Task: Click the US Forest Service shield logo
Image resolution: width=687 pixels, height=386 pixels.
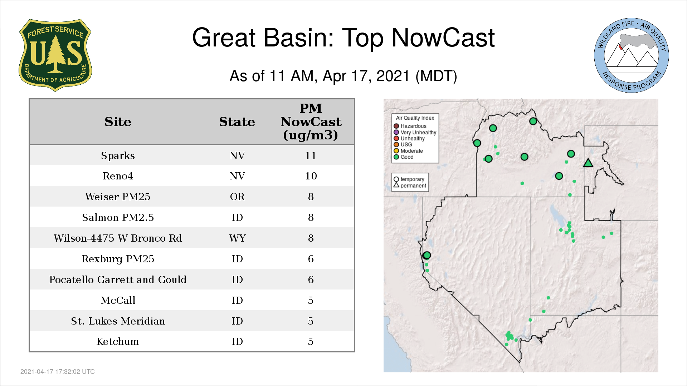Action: coord(55,55)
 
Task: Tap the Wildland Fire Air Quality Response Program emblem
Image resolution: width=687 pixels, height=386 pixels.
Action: coord(632,55)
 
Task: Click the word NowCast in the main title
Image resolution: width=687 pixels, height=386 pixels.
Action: coord(443,38)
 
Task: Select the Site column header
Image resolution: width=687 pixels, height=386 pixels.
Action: coord(118,122)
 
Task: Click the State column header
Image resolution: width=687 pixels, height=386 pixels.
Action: coord(237,122)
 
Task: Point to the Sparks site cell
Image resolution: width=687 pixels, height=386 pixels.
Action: coord(118,156)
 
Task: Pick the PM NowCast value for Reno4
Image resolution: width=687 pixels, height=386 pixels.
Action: coord(311,176)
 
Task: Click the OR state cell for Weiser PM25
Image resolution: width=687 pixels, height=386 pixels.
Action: coord(237,197)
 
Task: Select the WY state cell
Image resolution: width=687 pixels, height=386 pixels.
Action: coord(237,238)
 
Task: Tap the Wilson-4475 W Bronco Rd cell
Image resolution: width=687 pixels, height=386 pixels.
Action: coord(118,238)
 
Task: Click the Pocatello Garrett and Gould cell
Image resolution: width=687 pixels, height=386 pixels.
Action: coord(118,279)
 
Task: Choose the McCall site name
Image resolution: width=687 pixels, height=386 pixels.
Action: coord(118,300)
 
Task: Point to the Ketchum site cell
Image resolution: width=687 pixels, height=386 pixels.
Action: coord(118,342)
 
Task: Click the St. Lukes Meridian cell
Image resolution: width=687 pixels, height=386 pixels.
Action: coord(118,321)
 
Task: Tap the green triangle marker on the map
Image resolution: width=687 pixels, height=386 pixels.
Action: coord(588,163)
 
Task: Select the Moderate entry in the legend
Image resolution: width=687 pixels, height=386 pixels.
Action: coord(408,151)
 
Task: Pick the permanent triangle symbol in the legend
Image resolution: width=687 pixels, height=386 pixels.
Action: coord(396,185)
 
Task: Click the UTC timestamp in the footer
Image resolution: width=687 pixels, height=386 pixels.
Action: coord(58,372)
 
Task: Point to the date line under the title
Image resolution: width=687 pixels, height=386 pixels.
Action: coord(343,76)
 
